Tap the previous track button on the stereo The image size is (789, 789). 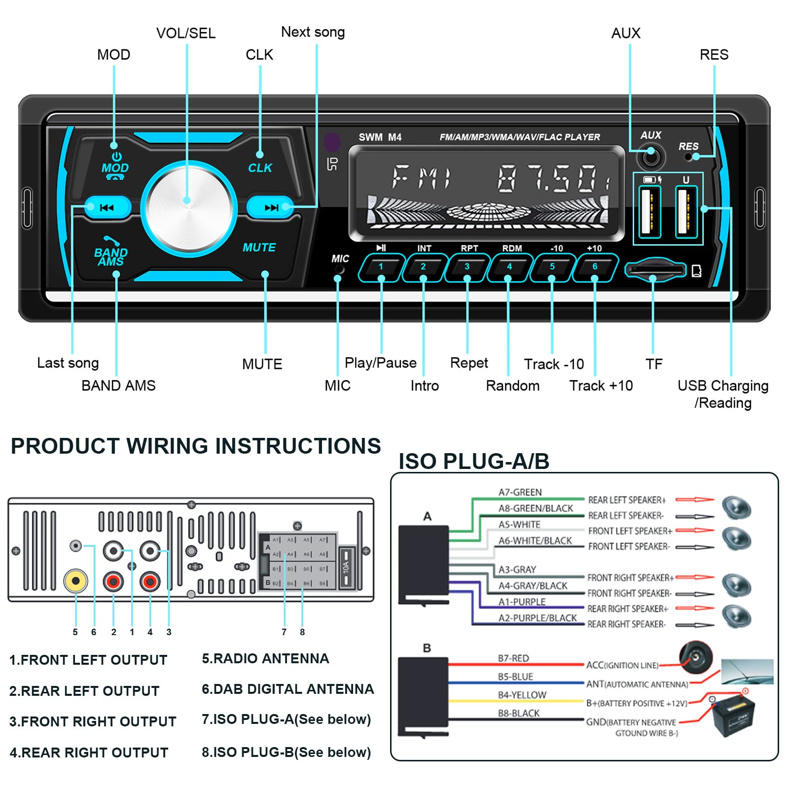coord(107,208)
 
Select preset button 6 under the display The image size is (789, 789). coord(595,267)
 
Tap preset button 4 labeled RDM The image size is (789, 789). coord(509,267)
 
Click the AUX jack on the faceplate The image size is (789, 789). coord(651,157)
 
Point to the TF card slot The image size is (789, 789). coord(655,270)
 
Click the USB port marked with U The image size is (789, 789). coord(686,211)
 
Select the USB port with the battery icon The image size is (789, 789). coord(649,211)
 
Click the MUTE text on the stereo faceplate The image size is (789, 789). coord(259,248)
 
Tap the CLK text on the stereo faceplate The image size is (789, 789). coord(260,168)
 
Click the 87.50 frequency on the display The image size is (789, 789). coord(552,179)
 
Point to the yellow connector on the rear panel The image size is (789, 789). coord(75,581)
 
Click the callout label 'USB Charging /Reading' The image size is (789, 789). coord(723,394)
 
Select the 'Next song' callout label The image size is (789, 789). coord(313,33)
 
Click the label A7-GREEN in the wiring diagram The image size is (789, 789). coord(520,492)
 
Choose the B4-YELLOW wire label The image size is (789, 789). coord(522,695)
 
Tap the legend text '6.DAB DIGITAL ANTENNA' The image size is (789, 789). coord(287,689)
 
